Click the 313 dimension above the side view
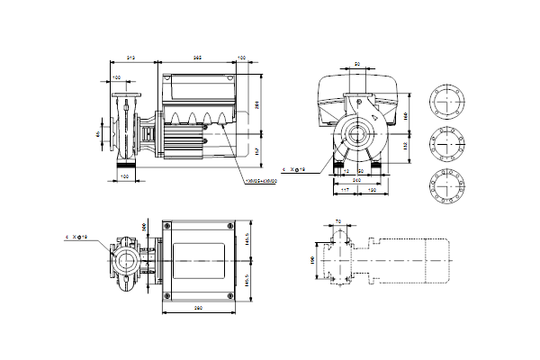click(130, 58)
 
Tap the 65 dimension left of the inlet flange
click(97, 136)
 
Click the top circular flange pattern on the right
click(445, 103)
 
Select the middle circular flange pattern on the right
click(445, 141)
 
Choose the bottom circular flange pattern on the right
click(445, 180)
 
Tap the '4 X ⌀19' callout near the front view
click(294, 168)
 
